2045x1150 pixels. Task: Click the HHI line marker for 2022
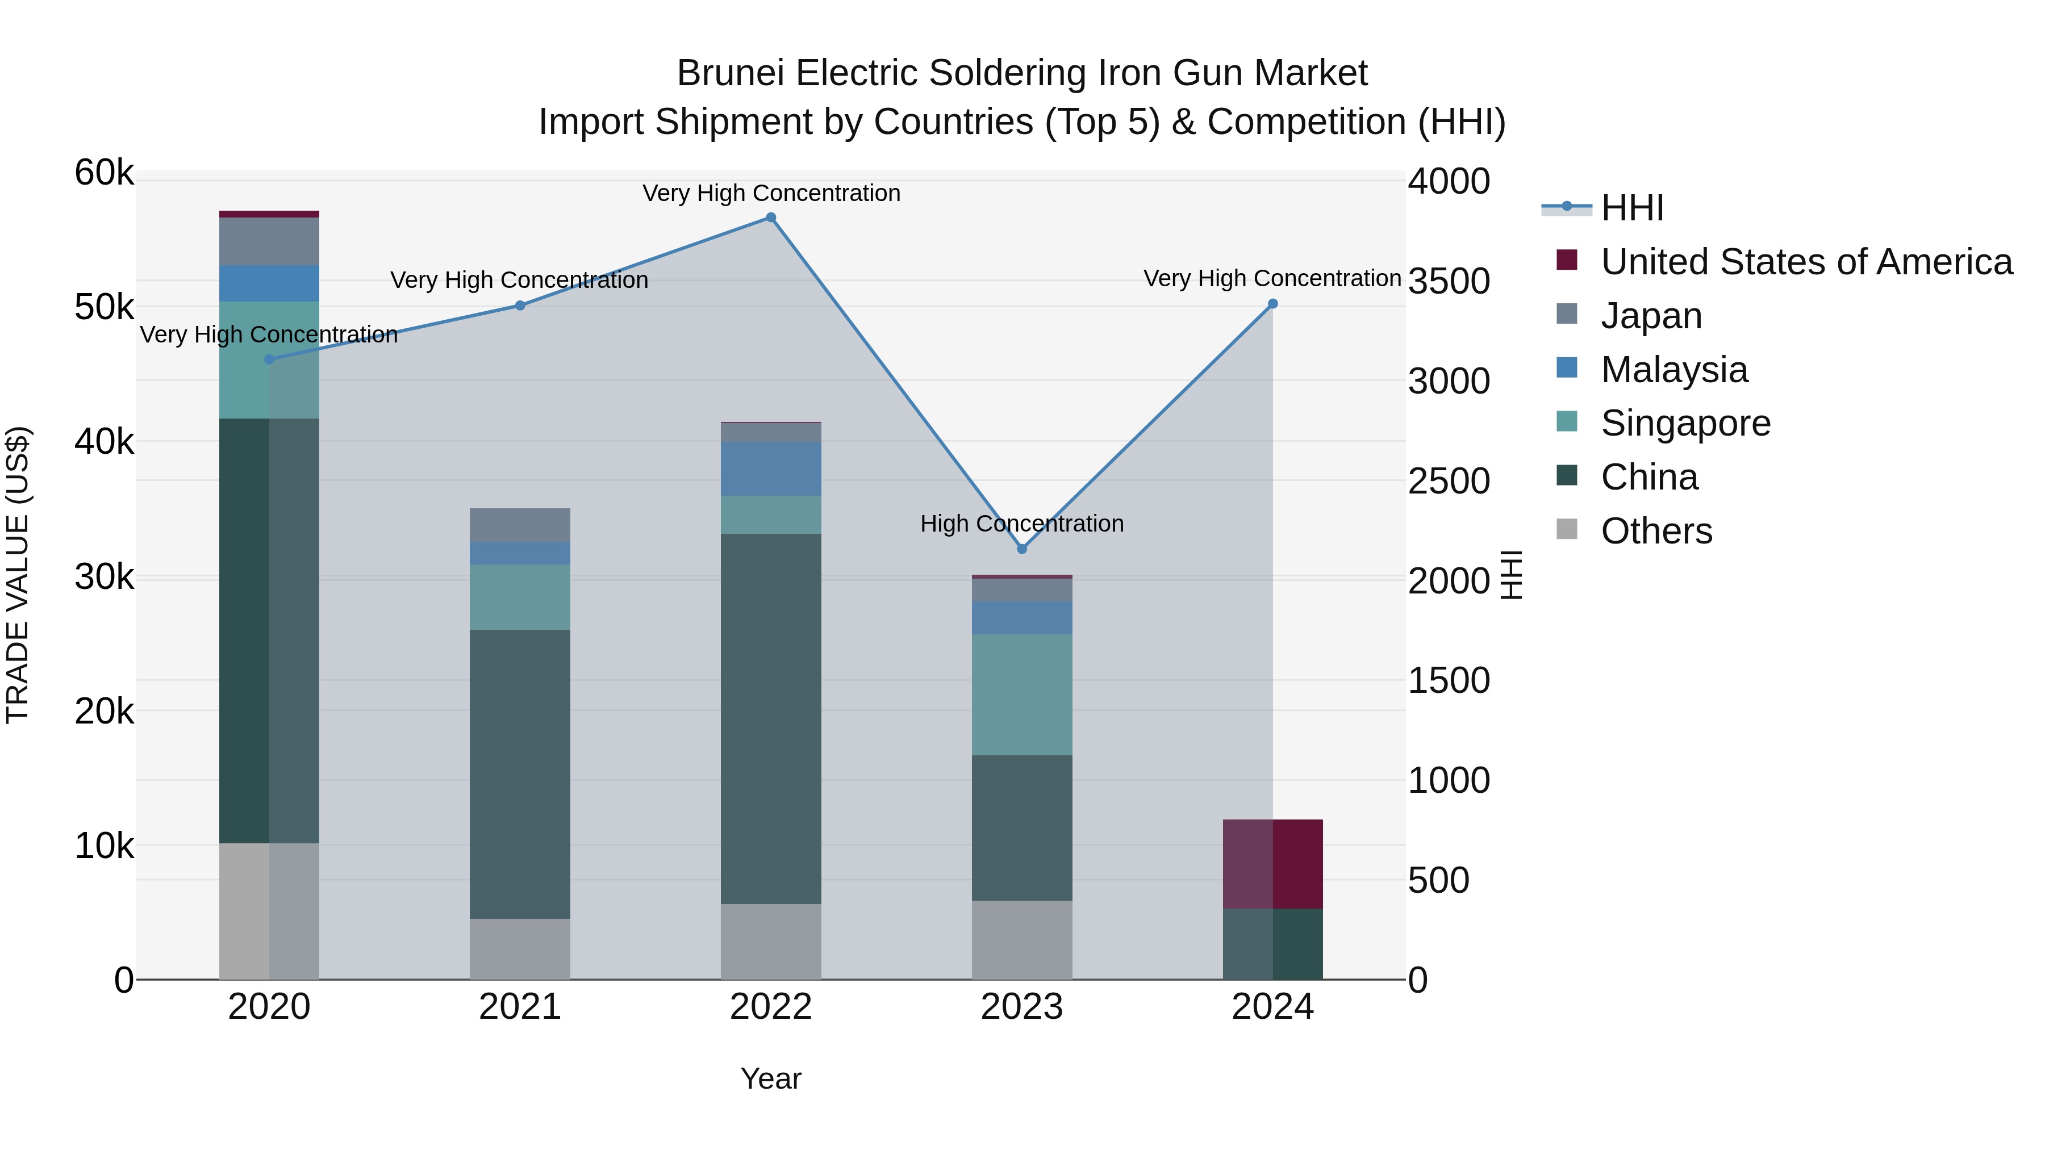(771, 218)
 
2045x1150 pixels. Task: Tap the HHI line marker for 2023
(1022, 549)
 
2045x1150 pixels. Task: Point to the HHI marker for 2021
(520, 306)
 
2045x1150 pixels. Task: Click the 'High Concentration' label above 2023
(1022, 524)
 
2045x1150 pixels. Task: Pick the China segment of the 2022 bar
(771, 718)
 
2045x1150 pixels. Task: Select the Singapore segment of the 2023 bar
(1022, 695)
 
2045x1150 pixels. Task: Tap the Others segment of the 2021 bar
(520, 948)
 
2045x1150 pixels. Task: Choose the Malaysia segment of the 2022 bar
(771, 469)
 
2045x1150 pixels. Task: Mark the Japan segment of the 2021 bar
(520, 525)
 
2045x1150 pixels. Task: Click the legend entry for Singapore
(1685, 423)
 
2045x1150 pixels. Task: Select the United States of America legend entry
(1806, 262)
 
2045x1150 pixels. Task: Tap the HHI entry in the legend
(1631, 208)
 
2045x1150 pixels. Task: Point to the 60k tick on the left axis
(104, 173)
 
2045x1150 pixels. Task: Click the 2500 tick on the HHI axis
(1449, 481)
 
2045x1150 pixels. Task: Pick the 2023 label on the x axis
(1022, 1007)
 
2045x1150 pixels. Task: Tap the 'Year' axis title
(771, 1078)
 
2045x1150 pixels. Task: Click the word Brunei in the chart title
(729, 73)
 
